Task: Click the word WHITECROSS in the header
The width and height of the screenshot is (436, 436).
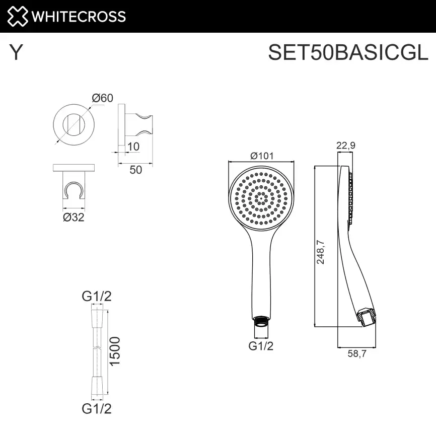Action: [78, 17]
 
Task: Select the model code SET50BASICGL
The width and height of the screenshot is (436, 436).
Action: [348, 52]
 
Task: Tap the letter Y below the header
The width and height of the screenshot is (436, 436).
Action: [16, 53]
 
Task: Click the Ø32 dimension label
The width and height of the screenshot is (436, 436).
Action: [74, 217]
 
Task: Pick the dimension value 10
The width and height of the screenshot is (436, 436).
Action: [133, 147]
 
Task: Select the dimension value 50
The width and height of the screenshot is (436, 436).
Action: [136, 170]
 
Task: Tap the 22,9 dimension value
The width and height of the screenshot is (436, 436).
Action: [346, 146]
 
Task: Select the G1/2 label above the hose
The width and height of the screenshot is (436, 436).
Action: [97, 297]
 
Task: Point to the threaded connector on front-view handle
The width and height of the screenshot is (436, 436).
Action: [261, 321]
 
